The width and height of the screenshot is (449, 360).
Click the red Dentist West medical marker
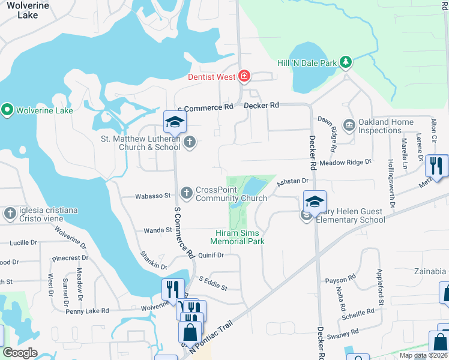244,76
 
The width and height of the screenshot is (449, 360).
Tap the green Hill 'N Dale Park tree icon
346,62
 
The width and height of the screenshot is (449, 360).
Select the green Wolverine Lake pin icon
7,110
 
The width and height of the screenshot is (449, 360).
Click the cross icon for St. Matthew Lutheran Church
190,142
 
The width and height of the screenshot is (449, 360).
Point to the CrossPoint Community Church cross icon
186,193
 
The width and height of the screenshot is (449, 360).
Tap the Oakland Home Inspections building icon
349,125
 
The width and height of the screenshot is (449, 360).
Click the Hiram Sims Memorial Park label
240,236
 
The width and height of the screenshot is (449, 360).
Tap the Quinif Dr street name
211,255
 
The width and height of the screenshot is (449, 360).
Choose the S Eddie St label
213,283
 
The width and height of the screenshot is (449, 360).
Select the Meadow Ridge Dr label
346,162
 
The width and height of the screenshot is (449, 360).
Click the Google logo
20,353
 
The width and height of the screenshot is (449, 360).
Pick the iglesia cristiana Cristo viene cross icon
10,214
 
